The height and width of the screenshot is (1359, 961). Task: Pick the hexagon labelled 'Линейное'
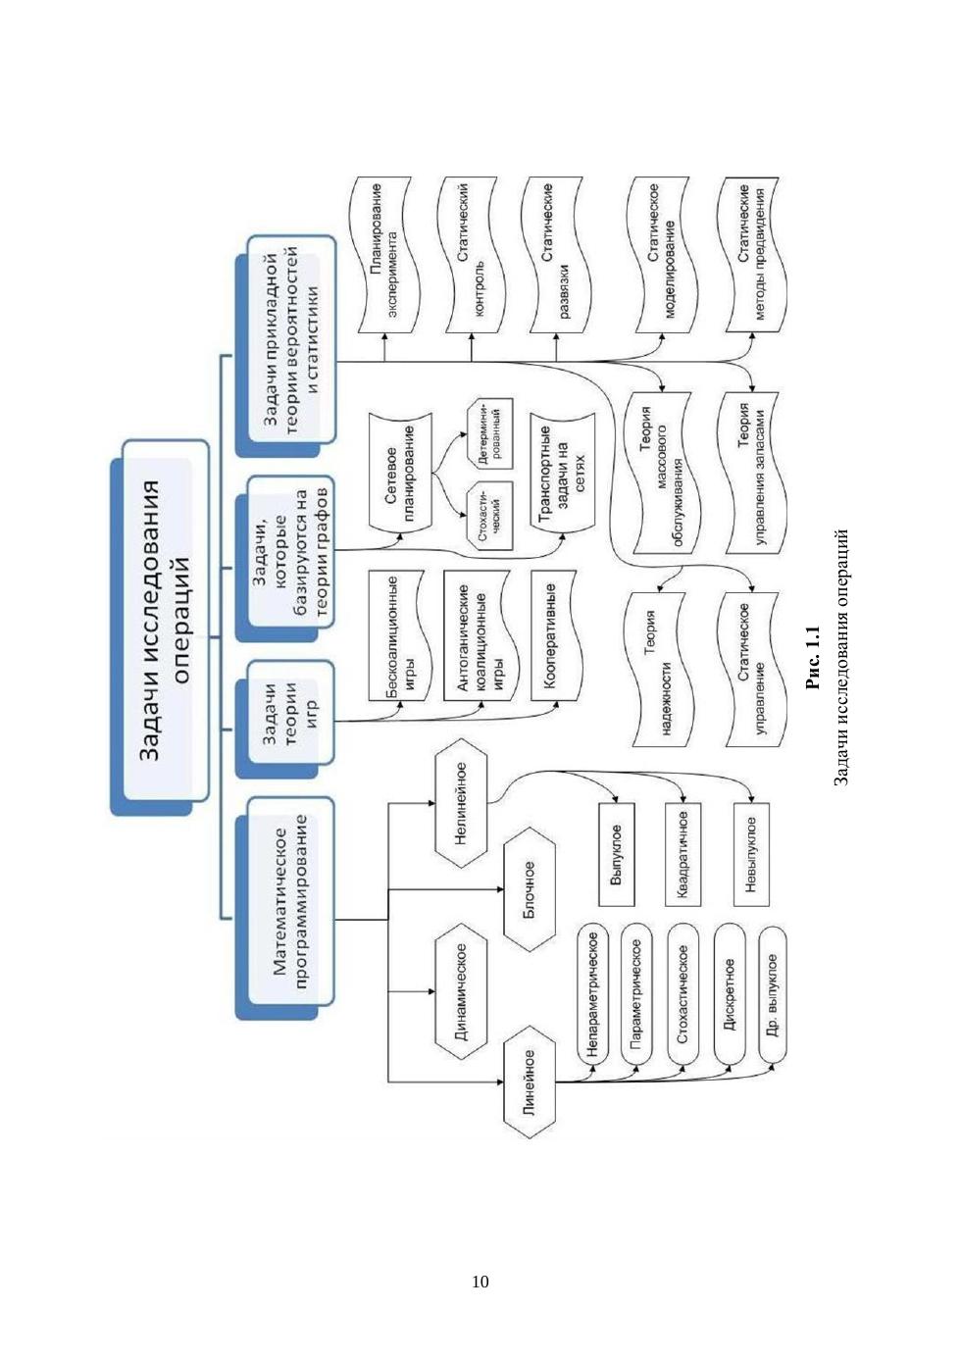(x=529, y=1083)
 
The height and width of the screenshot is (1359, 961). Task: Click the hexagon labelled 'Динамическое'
(x=460, y=990)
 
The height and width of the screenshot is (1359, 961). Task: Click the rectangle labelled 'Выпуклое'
(x=616, y=854)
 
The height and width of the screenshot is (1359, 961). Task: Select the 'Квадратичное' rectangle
(x=683, y=854)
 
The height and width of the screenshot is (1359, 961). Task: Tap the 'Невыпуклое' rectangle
(x=751, y=854)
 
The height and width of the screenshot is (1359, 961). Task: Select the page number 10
(x=480, y=1282)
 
